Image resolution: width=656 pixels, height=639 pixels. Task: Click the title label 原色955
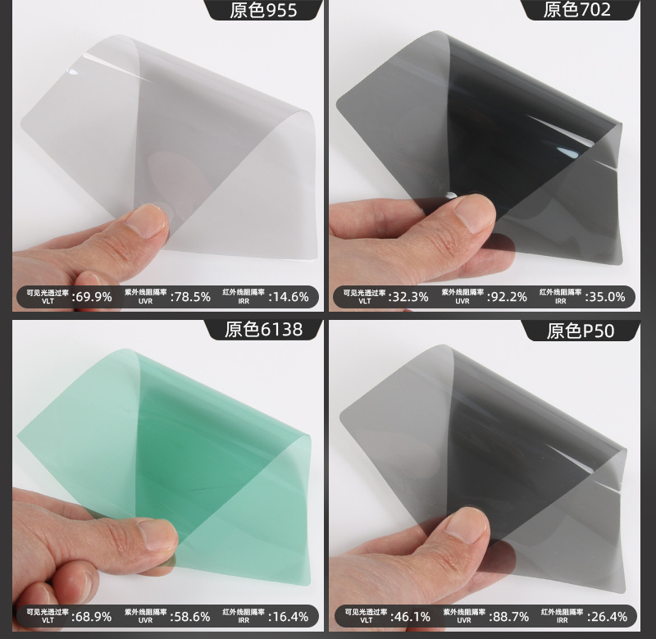pos(263,10)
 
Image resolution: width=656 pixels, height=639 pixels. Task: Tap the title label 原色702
pos(577,10)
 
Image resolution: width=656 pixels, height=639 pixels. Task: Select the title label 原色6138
pos(263,330)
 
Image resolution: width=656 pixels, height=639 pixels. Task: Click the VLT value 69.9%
pos(93,297)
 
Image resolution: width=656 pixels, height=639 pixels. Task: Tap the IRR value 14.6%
pos(289,297)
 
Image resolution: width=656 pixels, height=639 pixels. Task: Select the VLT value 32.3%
pos(408,297)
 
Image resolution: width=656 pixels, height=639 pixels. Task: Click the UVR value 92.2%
pos(508,297)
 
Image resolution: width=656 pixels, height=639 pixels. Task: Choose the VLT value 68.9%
pos(93,616)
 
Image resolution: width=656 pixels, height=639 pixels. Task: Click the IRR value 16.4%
pos(289,616)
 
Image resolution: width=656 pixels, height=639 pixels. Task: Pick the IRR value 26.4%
pos(607,616)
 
